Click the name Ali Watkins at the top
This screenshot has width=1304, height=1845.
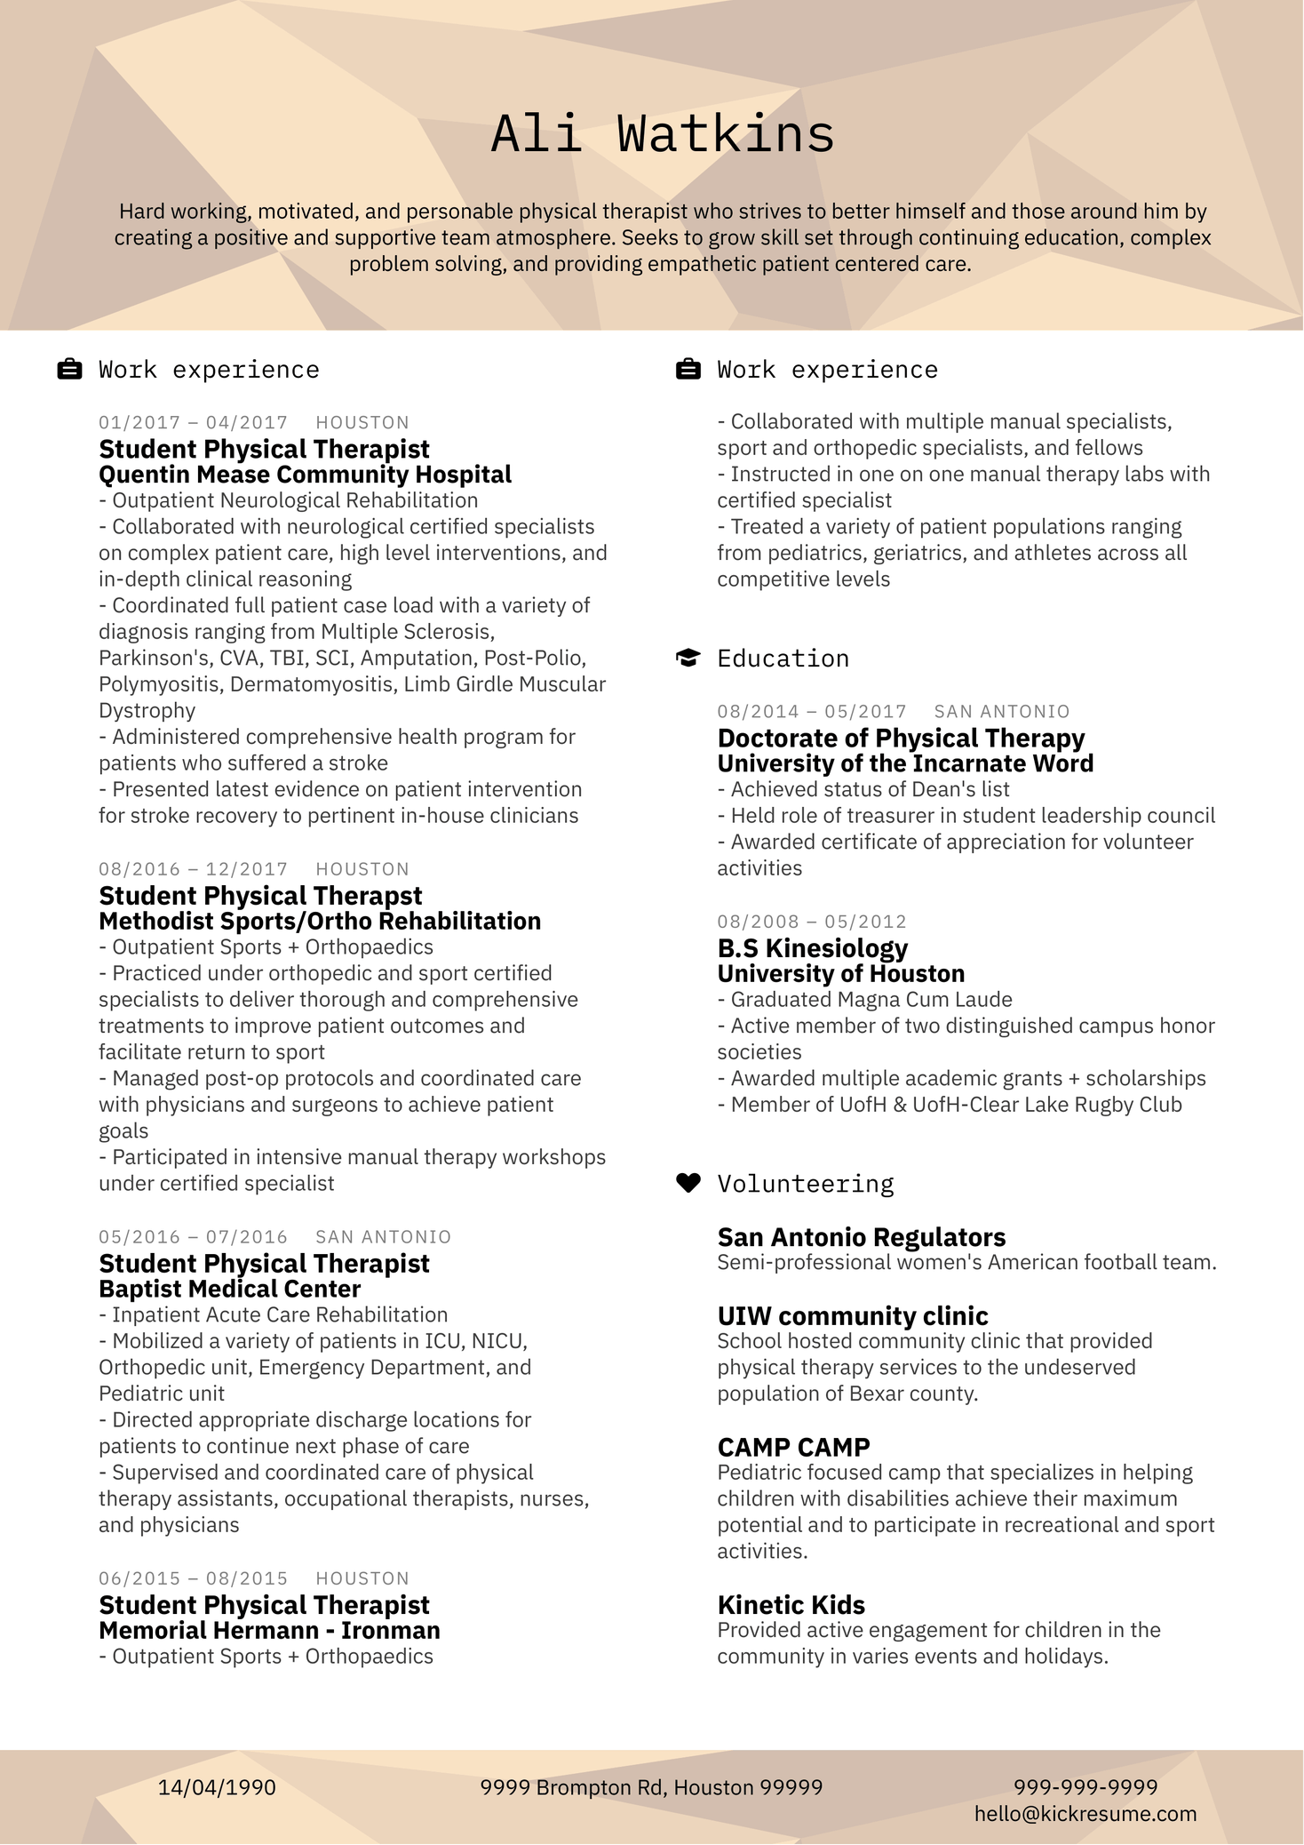663,134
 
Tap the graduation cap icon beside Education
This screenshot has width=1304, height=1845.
688,659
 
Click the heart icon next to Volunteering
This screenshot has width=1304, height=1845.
688,1183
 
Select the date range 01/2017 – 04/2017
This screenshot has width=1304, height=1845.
193,422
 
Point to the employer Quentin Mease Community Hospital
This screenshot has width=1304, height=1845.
305,475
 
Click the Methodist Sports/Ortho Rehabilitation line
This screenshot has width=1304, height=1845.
320,921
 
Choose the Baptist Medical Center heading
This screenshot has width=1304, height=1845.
229,1289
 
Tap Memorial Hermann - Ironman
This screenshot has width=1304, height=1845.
269,1630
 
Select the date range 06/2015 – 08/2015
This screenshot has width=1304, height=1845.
193,1578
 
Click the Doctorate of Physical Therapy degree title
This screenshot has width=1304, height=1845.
901,738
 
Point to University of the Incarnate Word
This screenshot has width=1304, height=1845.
905,763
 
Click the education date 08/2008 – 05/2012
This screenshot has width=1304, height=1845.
812,922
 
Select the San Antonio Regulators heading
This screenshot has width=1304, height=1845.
861,1237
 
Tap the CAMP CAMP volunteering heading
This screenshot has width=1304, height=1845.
793,1447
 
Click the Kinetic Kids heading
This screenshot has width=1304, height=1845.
791,1604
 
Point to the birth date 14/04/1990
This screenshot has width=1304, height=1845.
217,1787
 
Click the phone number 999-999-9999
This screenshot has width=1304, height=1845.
1085,1787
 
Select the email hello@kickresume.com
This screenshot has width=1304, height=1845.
1085,1814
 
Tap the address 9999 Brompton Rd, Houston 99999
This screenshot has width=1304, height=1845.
651,1787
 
